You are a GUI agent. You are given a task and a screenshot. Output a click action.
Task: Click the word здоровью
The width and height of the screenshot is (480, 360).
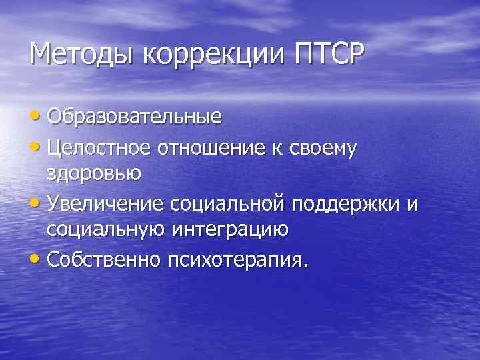click(93, 175)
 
